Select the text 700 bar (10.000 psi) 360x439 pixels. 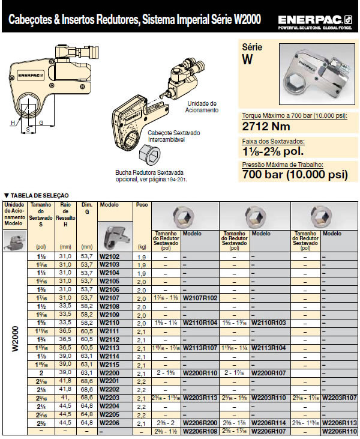tap(295, 175)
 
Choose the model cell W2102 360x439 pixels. tap(109, 256)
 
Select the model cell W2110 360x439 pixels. tap(109, 322)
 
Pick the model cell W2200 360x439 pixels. tap(109, 372)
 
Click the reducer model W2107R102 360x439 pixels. tap(200, 298)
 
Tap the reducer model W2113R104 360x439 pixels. tap(268, 348)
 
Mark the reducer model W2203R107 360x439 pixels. tap(339, 398)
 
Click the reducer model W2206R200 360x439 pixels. tap(200, 423)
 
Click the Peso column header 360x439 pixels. tap(142, 205)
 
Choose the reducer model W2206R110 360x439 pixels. tap(339, 431)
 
